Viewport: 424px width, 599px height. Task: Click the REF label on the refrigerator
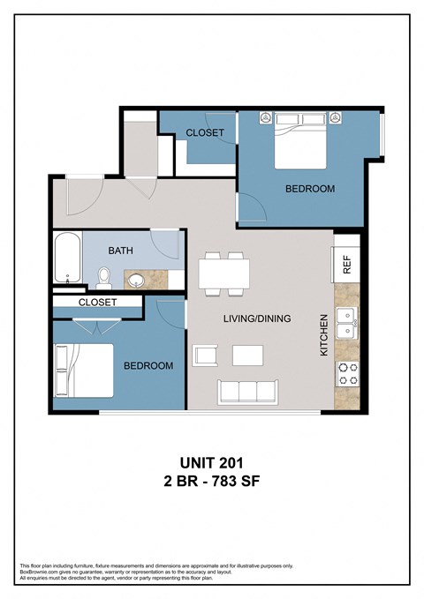(x=347, y=266)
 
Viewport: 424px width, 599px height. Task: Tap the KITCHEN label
(x=324, y=334)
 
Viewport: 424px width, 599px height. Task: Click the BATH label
(x=121, y=251)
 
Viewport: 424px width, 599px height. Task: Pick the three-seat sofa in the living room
(x=247, y=391)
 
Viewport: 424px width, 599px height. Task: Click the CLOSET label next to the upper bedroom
(x=204, y=133)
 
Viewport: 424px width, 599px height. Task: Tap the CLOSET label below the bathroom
(x=98, y=302)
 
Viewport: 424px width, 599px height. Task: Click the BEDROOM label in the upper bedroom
(x=309, y=189)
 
